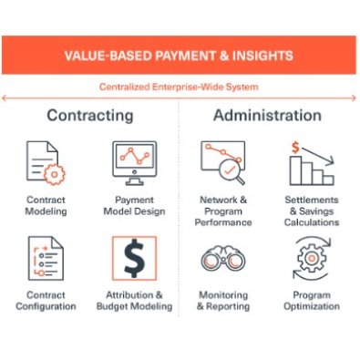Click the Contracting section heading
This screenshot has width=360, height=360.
[x=89, y=116]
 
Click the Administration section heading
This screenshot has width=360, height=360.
[x=267, y=116]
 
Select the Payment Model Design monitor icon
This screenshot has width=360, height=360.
[x=134, y=162]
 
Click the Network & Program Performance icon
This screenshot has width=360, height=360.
[x=222, y=162]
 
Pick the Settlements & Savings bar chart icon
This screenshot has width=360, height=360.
[x=311, y=162]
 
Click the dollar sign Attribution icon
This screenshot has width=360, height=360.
[x=134, y=259]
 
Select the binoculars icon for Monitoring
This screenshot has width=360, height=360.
[x=222, y=259]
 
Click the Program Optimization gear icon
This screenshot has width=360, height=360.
[x=311, y=259]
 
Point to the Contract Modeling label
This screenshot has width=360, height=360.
[x=46, y=205]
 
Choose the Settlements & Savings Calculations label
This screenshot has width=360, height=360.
[x=311, y=211]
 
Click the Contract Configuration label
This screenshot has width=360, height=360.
[x=46, y=301]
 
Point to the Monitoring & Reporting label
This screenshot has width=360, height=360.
[x=222, y=301]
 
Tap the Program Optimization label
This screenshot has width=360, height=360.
[x=311, y=301]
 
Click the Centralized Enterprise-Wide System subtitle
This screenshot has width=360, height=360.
[x=180, y=87]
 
